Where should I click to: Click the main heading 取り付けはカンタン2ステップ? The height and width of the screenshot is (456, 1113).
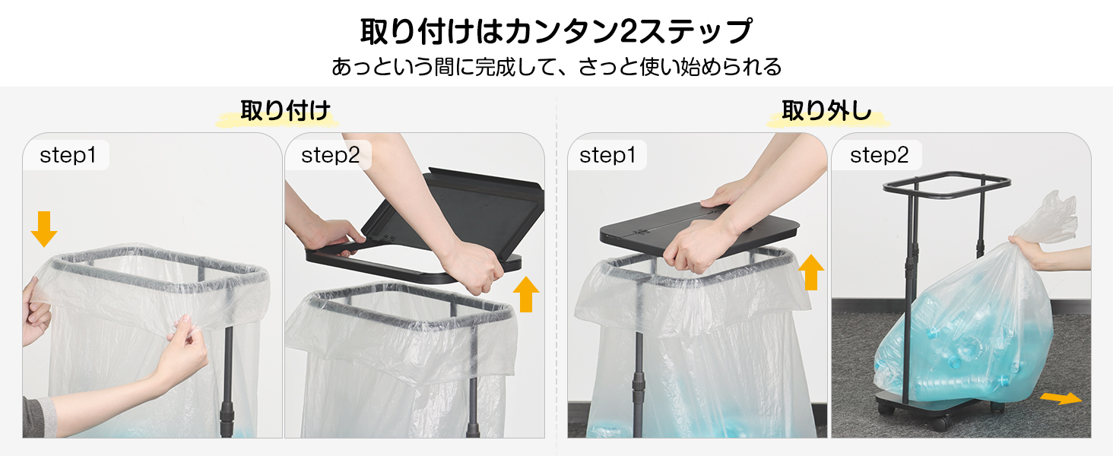pyautogui.click(x=556, y=31)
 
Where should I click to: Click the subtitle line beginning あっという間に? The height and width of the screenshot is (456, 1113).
pyautogui.click(x=556, y=67)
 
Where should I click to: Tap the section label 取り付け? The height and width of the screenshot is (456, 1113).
pyautogui.click(x=285, y=110)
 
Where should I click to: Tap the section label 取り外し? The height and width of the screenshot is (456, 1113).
pyautogui.click(x=827, y=110)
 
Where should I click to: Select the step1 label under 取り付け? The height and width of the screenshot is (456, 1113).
pyautogui.click(x=68, y=155)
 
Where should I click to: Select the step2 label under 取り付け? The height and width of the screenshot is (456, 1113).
pyautogui.click(x=331, y=155)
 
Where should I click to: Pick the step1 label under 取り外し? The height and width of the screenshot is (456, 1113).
pyautogui.click(x=607, y=155)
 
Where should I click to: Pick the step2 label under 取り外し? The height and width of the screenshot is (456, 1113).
pyautogui.click(x=879, y=155)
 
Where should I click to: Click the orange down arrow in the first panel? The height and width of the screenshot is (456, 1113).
pyautogui.click(x=44, y=229)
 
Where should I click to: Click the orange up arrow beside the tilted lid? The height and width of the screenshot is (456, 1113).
pyautogui.click(x=526, y=294)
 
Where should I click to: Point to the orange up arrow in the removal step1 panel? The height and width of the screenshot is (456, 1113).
pyautogui.click(x=811, y=272)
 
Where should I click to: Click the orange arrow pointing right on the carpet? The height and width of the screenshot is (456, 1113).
pyautogui.click(x=1061, y=398)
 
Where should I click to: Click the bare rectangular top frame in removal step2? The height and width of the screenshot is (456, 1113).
pyautogui.click(x=947, y=184)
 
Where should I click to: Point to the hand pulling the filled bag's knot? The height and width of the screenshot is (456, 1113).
pyautogui.click(x=1046, y=253)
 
